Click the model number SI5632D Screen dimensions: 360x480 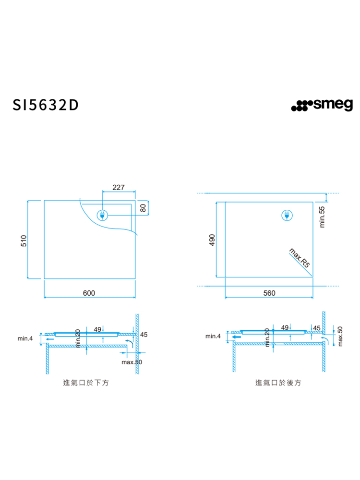pyautogui.click(x=45, y=105)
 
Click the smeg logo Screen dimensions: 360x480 pyautogui.click(x=322, y=105)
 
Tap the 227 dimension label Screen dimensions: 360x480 pyautogui.click(x=119, y=187)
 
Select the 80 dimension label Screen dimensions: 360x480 pyautogui.click(x=143, y=208)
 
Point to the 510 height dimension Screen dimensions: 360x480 pyautogui.click(x=24, y=240)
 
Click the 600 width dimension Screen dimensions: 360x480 pyautogui.click(x=89, y=293)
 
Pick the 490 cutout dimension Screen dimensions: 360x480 pyautogui.click(x=212, y=240)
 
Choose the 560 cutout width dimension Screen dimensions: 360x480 pyautogui.click(x=269, y=293)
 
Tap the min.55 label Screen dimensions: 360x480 pyautogui.click(x=322, y=217)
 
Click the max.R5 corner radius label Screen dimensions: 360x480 pyautogui.click(x=300, y=258)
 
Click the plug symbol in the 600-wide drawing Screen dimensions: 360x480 pyautogui.click(x=102, y=216)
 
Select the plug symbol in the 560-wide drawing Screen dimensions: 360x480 pyautogui.click(x=287, y=216)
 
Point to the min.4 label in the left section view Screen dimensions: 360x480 pyautogui.click(x=25, y=338)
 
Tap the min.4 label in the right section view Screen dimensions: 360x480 pyautogui.click(x=213, y=336)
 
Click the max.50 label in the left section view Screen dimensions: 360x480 pyautogui.click(x=132, y=362)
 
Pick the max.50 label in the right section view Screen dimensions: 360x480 pyautogui.click(x=340, y=336)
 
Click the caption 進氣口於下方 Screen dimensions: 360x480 pyautogui.click(x=86, y=383)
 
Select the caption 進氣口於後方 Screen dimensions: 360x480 pyautogui.click(x=278, y=383)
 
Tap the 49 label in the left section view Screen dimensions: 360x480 pyautogui.click(x=97, y=329)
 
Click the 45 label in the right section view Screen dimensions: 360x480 pyautogui.click(x=316, y=328)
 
